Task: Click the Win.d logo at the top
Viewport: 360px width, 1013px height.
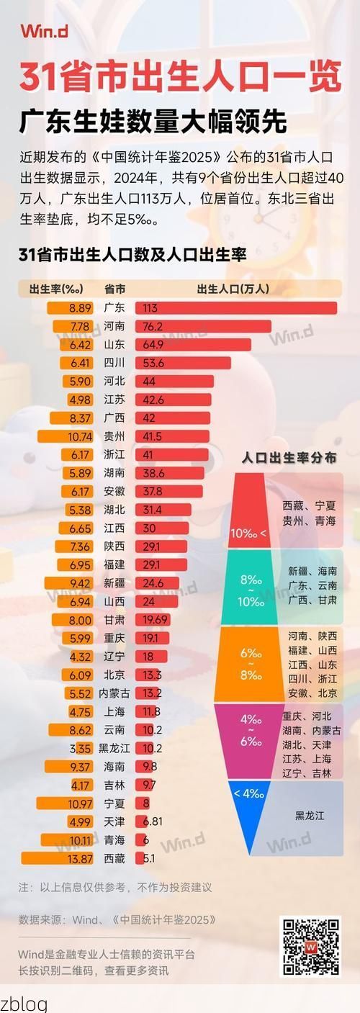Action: [x=45, y=31]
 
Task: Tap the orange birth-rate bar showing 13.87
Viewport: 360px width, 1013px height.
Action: [x=55, y=858]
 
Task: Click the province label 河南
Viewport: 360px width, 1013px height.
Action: [x=114, y=326]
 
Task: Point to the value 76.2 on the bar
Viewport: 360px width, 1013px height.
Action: [x=153, y=326]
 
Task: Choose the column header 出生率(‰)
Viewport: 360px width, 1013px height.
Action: [x=56, y=289]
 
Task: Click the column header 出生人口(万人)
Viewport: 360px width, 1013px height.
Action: [x=233, y=289]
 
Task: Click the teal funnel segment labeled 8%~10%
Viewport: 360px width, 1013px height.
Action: [x=252, y=587]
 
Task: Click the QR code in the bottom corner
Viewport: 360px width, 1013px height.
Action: [x=310, y=946]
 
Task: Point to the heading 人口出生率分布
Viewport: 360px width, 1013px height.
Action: [x=288, y=458]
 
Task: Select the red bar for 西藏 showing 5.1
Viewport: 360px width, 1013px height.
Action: [x=145, y=858]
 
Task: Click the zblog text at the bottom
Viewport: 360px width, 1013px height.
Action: [x=24, y=1003]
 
